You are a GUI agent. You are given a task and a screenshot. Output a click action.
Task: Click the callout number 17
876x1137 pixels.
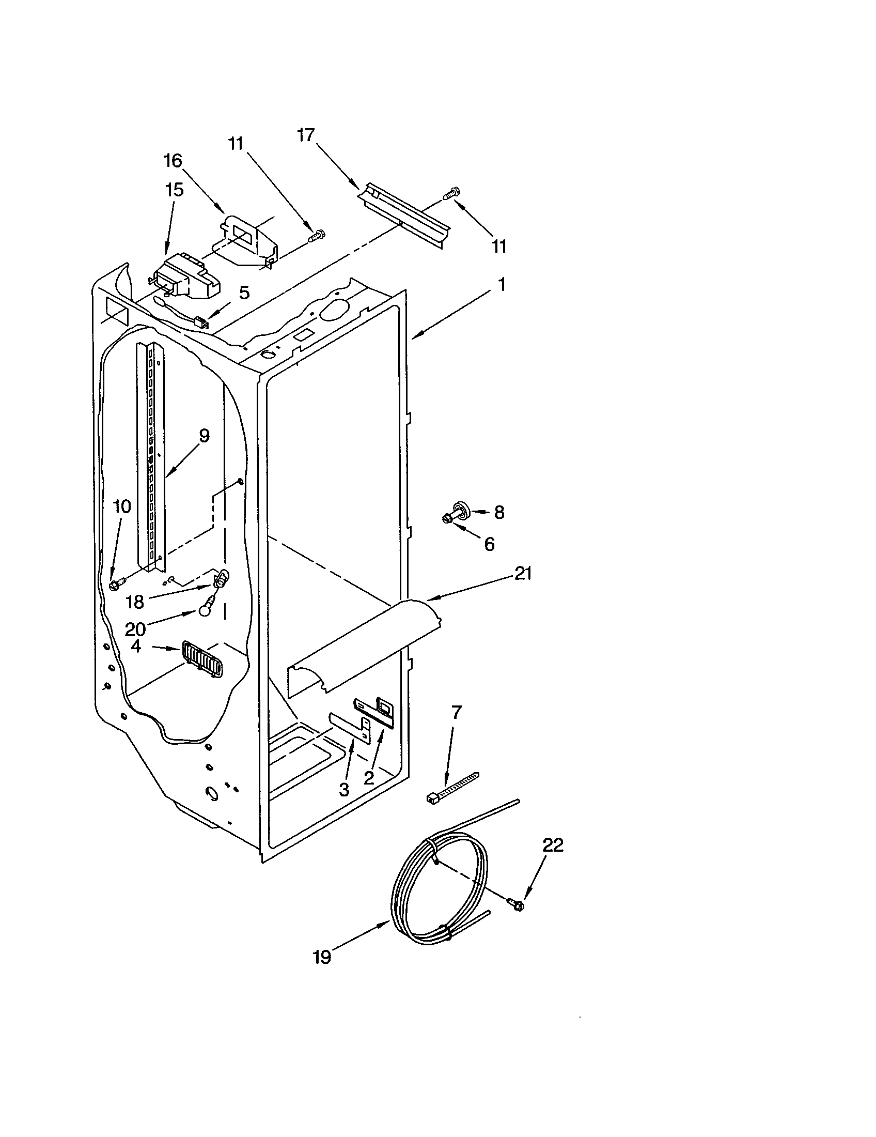306,135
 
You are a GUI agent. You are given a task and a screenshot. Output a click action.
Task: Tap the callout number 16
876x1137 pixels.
173,161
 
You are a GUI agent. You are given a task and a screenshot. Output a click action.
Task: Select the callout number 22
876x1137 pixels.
553,845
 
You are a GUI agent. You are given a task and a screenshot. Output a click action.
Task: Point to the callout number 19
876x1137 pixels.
322,957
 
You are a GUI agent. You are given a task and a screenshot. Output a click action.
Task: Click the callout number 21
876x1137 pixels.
523,573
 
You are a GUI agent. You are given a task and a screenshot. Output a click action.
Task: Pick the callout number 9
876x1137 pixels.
204,435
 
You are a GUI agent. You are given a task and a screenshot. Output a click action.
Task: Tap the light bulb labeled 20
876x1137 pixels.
206,609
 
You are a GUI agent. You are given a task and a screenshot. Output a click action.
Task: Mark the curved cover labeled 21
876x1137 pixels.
364,646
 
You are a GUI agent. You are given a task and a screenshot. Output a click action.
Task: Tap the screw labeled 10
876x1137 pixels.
116,585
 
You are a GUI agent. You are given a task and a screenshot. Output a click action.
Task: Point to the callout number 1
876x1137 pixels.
501,285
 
